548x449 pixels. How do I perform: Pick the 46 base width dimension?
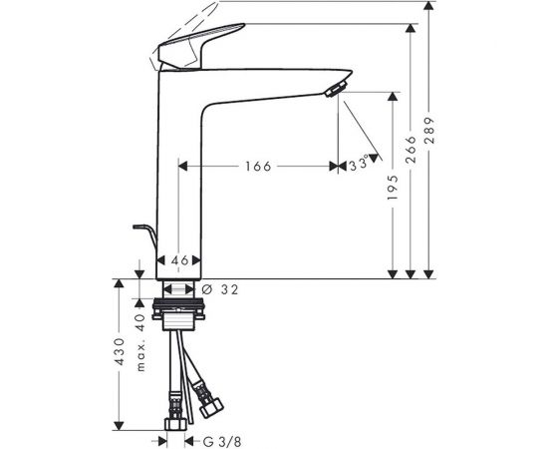tap(178, 260)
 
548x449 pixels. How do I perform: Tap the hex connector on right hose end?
tap(211, 408)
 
